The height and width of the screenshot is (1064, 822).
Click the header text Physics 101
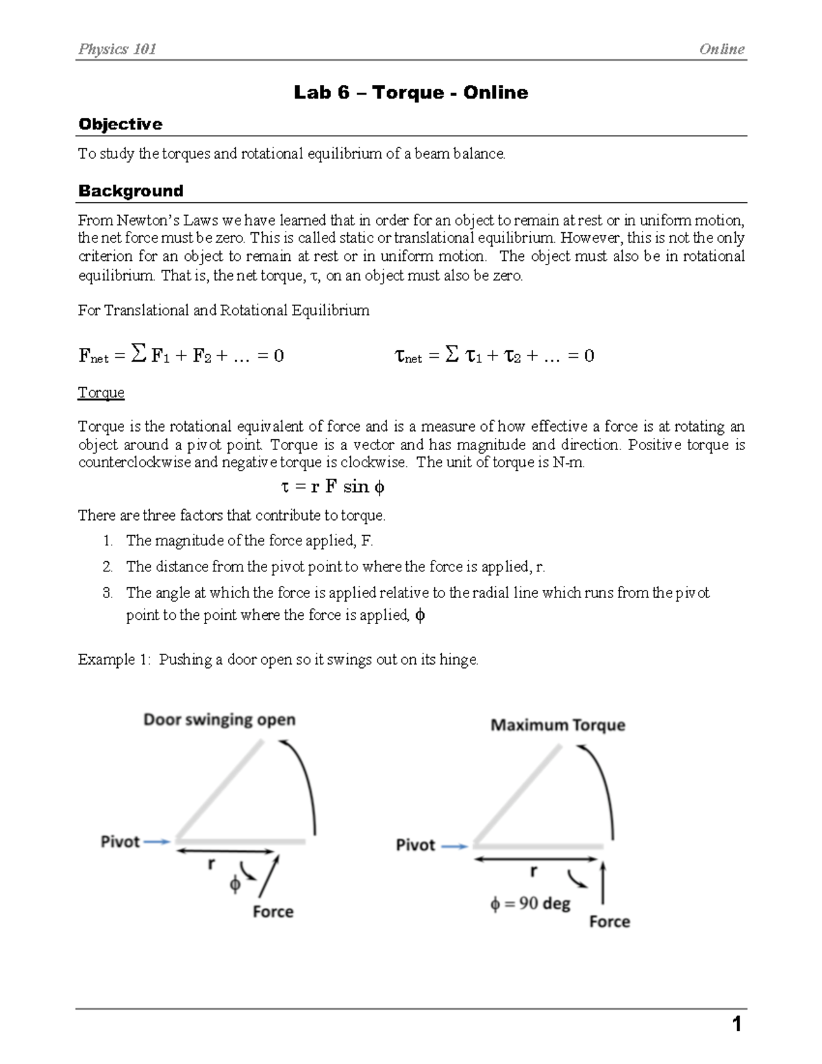point(117,49)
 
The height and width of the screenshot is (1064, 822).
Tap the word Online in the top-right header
point(721,49)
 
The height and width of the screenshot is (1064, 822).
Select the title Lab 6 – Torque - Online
point(410,92)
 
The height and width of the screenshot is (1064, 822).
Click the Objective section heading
point(120,124)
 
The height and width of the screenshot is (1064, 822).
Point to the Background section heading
point(130,190)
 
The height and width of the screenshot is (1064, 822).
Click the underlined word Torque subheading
point(101,393)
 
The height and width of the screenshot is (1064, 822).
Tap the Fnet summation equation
point(181,355)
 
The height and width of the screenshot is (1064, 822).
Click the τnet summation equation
point(495,355)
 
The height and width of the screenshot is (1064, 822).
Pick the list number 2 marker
point(108,567)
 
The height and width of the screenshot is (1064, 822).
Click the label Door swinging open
point(219,719)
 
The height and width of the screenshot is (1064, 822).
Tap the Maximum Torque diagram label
point(558,725)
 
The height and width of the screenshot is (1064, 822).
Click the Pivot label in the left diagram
point(120,841)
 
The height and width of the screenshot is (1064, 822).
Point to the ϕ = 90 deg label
point(530,904)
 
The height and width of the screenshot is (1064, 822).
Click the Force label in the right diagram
point(609,921)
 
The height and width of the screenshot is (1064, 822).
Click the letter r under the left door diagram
point(212,865)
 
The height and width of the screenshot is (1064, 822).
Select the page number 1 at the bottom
point(736,1024)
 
